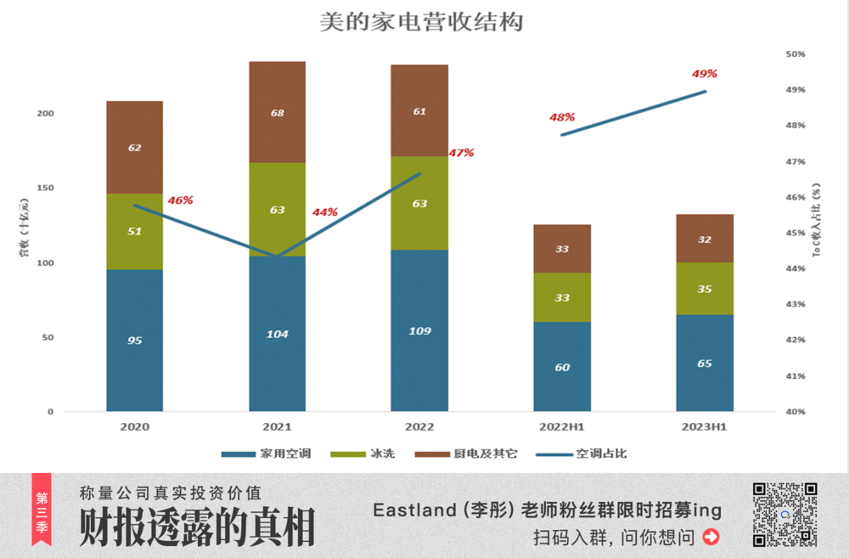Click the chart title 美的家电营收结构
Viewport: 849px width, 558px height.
421,21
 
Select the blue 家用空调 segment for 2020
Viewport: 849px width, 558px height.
134,340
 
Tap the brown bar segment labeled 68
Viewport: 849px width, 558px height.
277,111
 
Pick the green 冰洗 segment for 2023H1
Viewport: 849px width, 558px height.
705,289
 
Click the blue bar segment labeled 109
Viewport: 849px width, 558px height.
419,330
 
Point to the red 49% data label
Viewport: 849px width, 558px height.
705,74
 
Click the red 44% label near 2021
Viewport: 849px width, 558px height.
324,212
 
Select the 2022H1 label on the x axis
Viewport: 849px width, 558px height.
562,426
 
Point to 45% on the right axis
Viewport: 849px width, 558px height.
795,233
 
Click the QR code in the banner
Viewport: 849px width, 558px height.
784,514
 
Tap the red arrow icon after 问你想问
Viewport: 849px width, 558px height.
711,537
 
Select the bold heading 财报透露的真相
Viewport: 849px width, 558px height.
197,527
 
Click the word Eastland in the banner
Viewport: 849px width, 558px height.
413,510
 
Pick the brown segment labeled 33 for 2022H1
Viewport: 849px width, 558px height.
562,249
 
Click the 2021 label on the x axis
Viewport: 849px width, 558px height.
277,426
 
